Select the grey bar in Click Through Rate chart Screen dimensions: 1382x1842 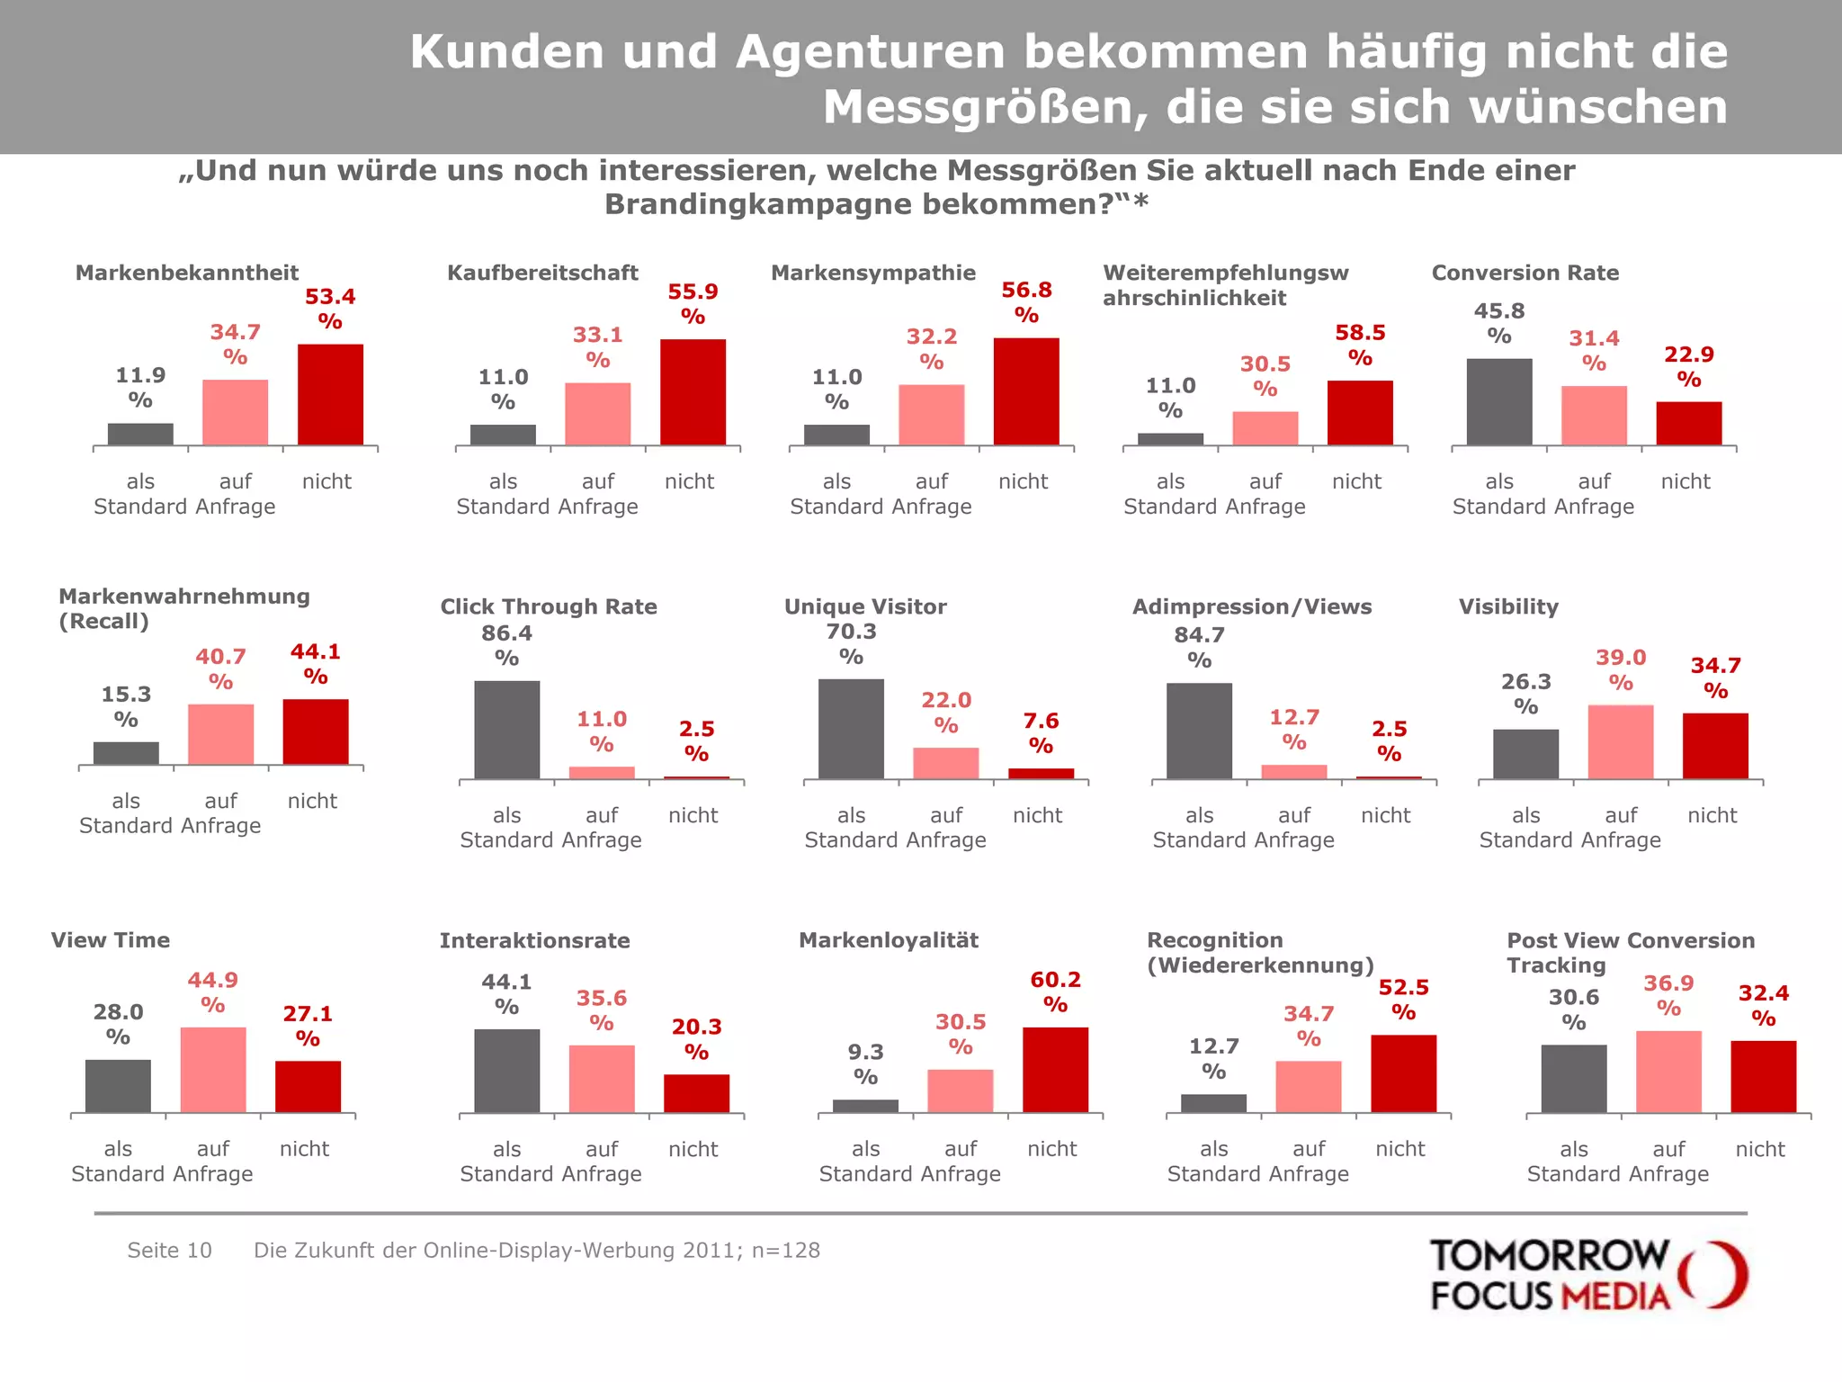506,730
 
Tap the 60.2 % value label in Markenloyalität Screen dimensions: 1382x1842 1055,992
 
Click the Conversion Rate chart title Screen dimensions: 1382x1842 1525,273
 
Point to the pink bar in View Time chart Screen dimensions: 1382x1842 213,1070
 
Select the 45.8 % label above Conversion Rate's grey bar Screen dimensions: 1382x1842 1498,323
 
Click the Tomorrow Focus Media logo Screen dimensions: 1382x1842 1587,1275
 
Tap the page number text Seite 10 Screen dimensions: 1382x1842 169,1250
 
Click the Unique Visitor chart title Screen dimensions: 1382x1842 864,606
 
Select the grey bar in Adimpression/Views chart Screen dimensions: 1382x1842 1199,731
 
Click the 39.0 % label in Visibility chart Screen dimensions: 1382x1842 1621,669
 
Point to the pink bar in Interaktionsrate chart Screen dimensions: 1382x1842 602,1079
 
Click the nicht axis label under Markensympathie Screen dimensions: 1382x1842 1023,481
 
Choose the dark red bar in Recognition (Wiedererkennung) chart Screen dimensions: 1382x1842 1403,1073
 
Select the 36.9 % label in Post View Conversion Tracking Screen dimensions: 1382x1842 1668,995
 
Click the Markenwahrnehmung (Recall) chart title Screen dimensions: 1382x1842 183,608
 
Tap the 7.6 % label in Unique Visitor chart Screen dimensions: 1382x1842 1041,732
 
